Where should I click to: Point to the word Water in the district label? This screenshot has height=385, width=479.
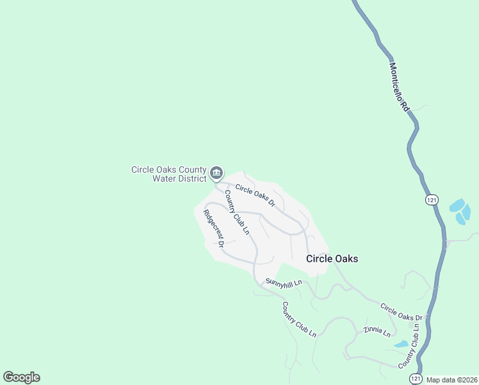tap(163, 178)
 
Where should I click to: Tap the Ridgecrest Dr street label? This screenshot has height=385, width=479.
tap(213, 228)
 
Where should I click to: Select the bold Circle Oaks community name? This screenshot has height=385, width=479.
tap(332, 259)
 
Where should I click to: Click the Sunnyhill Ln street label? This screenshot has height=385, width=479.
tap(284, 282)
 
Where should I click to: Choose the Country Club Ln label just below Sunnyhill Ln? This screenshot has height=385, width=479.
tap(299, 320)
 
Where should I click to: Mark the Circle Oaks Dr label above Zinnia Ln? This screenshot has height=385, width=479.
tap(402, 312)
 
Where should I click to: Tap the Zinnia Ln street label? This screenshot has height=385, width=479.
tap(376, 331)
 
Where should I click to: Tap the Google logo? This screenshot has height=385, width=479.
tap(21, 377)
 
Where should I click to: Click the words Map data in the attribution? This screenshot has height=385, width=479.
tap(439, 379)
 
